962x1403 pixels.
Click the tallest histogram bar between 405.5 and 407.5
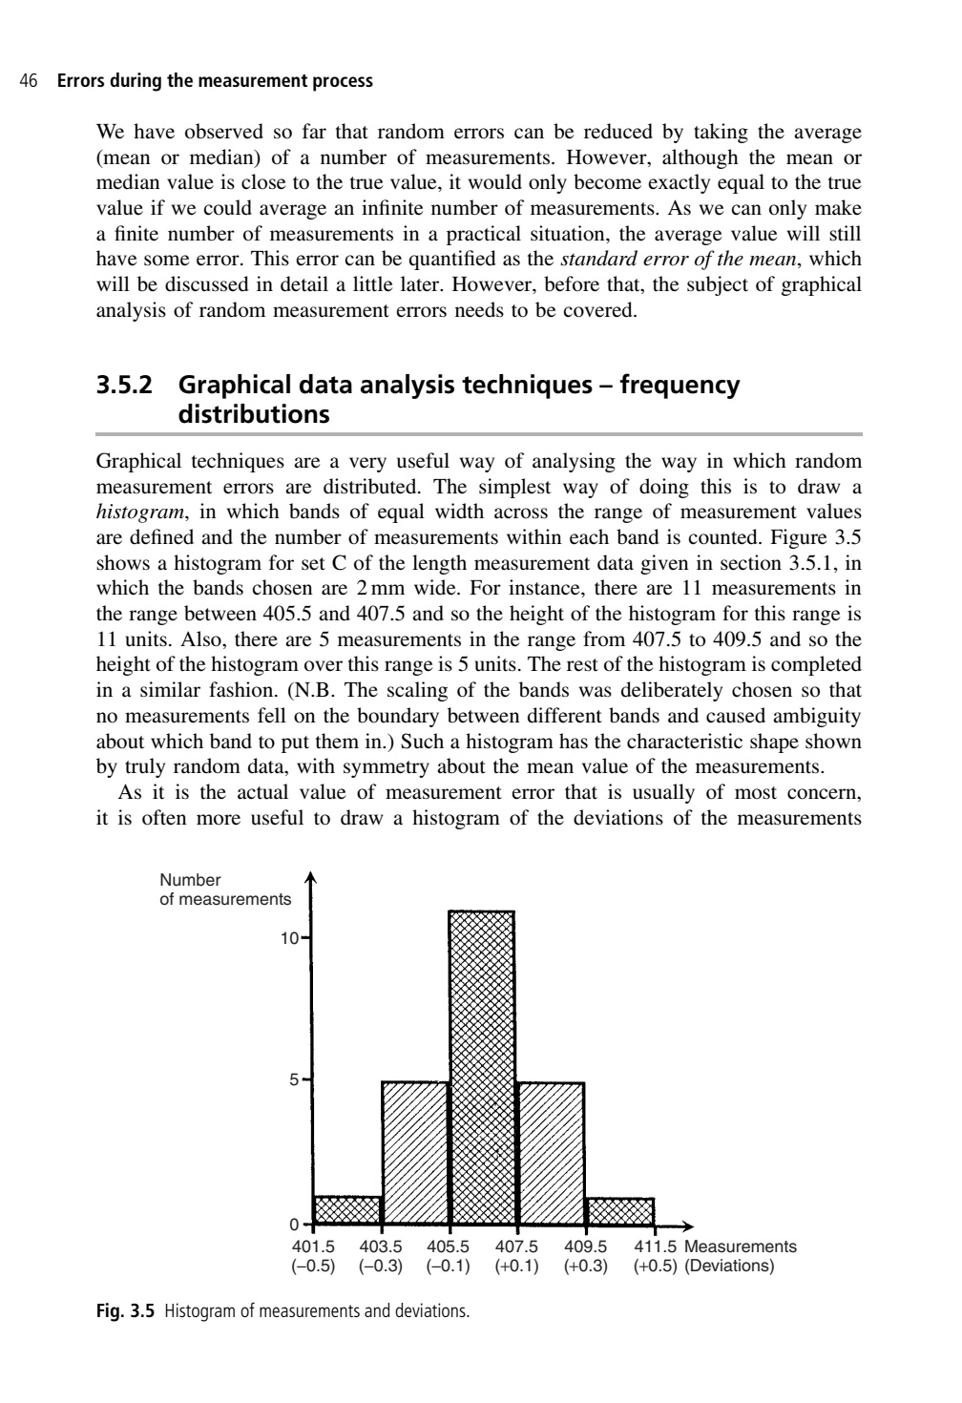(482, 1067)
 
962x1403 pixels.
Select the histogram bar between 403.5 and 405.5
(415, 1152)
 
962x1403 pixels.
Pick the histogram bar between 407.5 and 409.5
(551, 1152)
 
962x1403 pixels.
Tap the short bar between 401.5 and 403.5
(347, 1209)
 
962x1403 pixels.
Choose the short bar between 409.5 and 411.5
(620, 1210)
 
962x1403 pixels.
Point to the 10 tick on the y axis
(289, 938)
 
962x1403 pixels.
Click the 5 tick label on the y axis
(295, 1080)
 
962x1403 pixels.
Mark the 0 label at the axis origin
(295, 1225)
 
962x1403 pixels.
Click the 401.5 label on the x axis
(314, 1246)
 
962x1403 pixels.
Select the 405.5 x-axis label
(449, 1246)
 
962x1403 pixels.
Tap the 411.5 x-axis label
(656, 1246)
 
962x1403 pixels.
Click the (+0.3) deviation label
(586, 1267)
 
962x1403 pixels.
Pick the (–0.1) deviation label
(449, 1267)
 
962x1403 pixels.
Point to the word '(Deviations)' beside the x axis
(730, 1267)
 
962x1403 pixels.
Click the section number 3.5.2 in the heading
(130, 386)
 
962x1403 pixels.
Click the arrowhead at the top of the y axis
(308, 878)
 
